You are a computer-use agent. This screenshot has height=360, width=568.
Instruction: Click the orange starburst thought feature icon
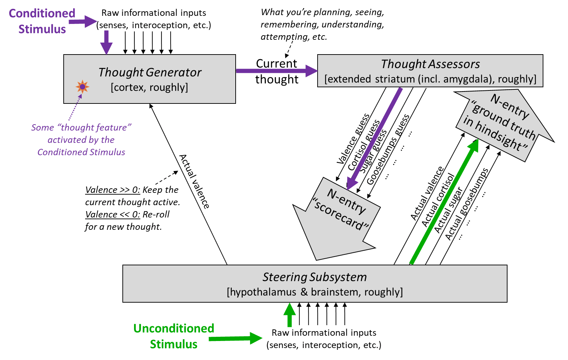82,87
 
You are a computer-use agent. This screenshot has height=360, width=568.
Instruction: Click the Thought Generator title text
150,72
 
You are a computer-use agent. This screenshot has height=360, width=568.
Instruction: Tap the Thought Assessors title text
430,64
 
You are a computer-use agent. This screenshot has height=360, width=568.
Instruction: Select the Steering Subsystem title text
314,277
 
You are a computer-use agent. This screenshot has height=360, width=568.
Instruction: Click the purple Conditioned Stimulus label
42,21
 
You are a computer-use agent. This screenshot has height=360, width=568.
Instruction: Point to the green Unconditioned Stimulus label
173,336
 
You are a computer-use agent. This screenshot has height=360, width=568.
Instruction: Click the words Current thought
277,71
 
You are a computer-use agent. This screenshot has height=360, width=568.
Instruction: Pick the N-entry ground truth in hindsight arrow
503,123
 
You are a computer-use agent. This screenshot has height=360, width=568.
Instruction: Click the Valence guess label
353,139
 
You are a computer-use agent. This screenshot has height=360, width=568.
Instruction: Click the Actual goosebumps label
466,204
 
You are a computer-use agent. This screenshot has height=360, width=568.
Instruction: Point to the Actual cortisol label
438,200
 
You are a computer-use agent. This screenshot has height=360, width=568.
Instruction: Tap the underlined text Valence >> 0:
113,190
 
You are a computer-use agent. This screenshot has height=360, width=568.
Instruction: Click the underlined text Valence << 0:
113,214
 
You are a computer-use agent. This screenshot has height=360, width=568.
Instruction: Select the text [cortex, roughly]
149,87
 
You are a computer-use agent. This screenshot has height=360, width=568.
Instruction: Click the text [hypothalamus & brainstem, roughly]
315,292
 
